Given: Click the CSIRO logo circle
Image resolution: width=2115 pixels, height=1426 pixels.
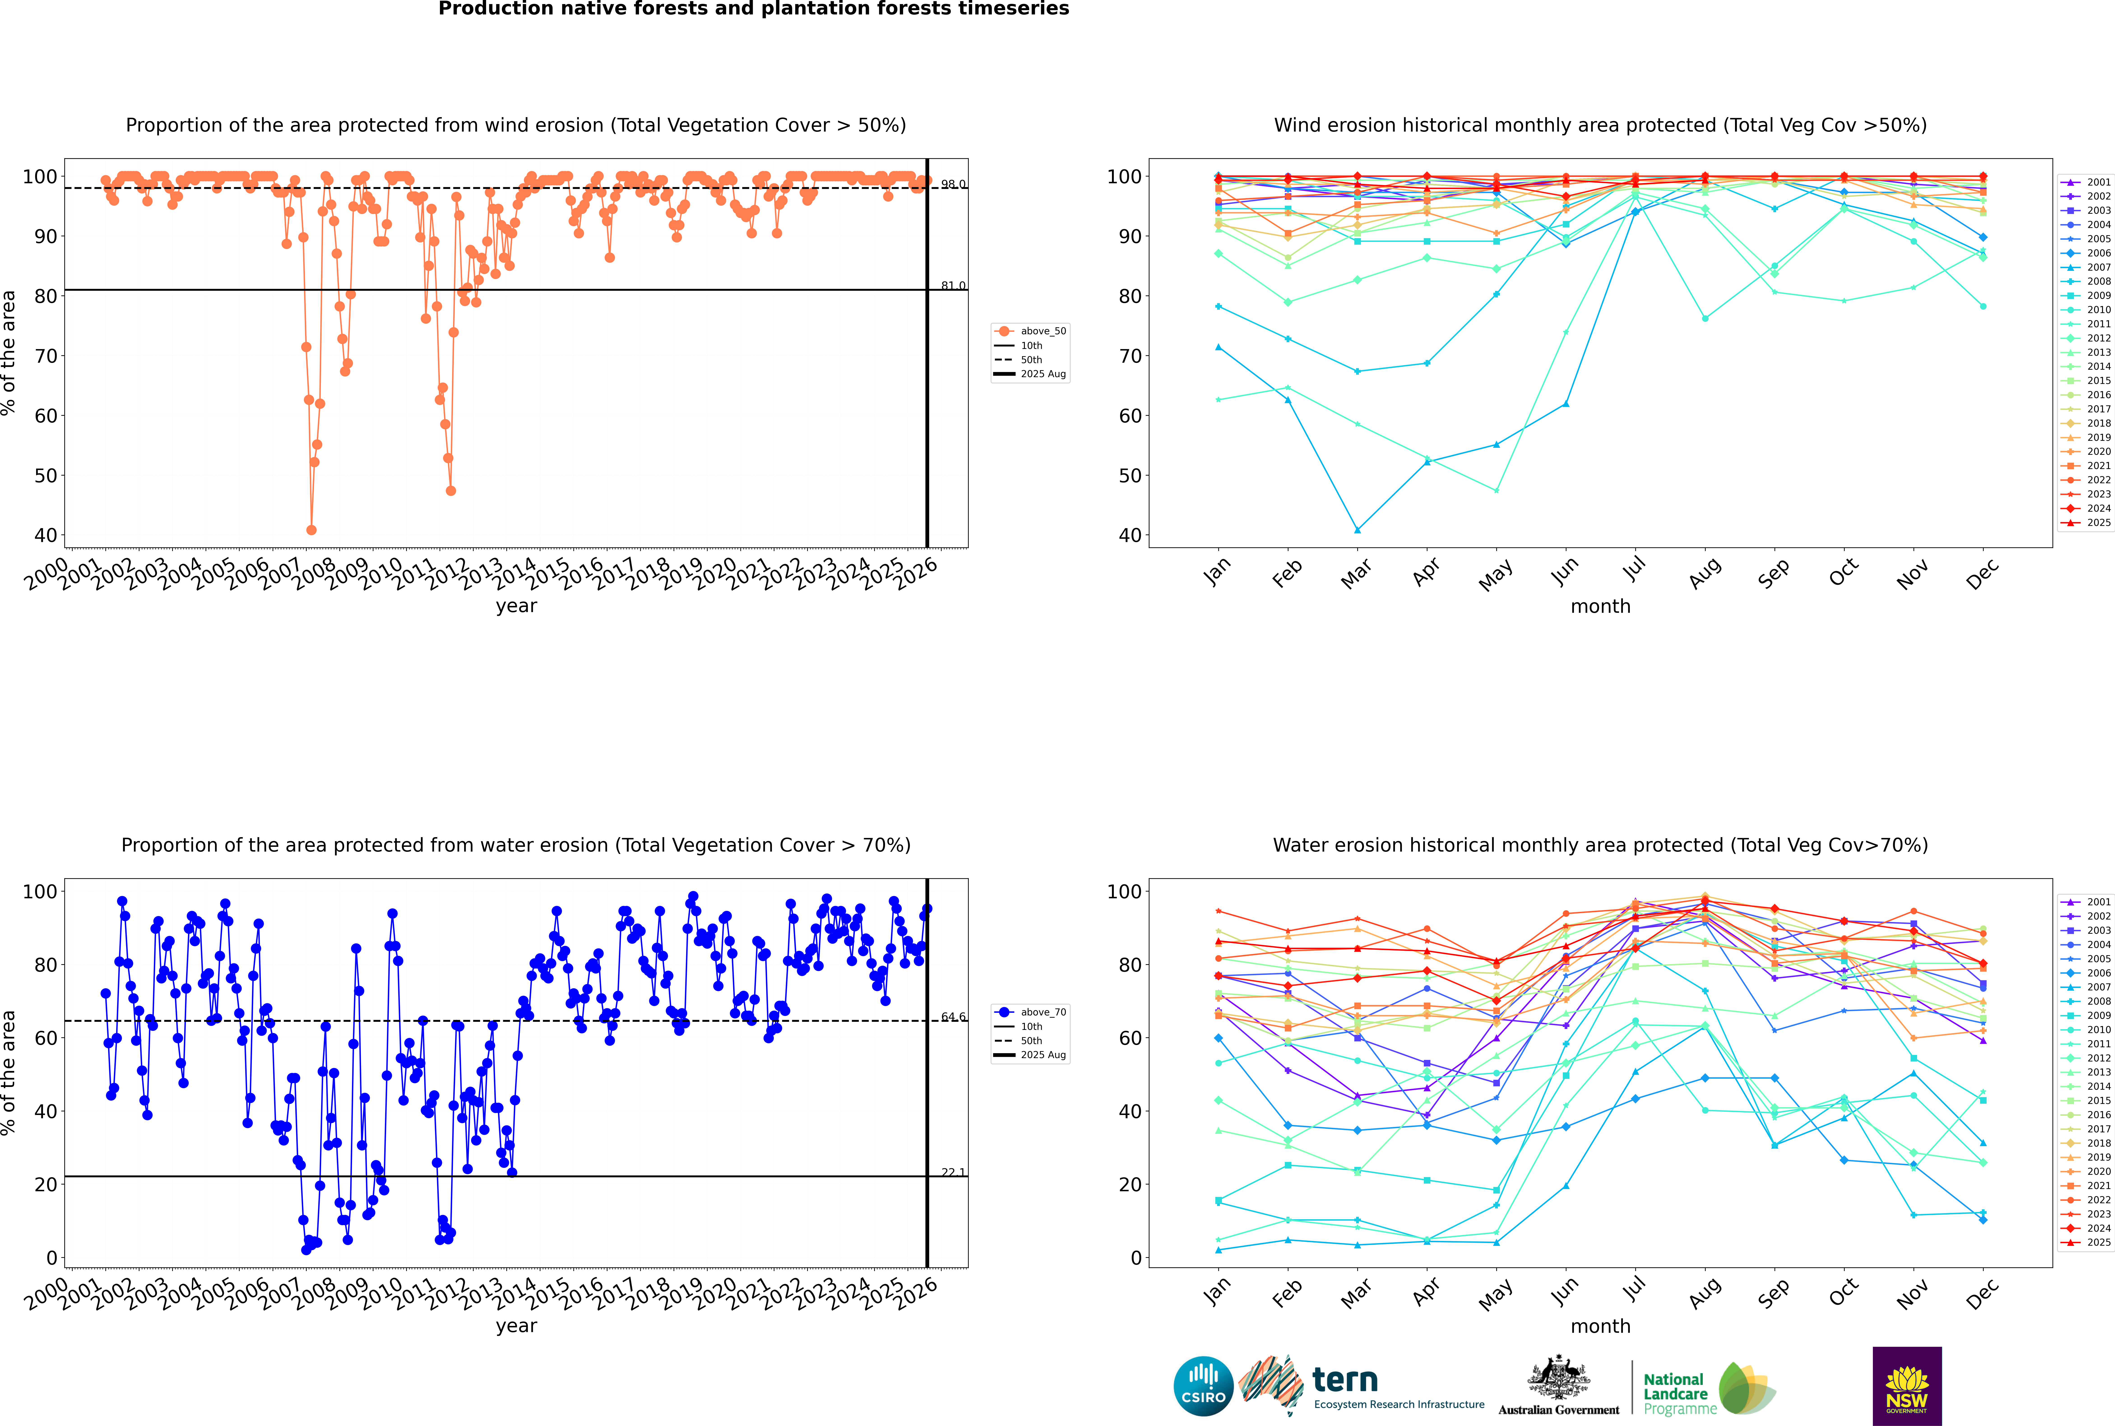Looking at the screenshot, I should point(1203,1386).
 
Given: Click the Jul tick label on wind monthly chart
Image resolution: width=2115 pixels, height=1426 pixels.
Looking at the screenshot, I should point(1634,570).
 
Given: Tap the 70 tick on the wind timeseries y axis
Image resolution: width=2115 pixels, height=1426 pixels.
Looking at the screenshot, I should point(45,355).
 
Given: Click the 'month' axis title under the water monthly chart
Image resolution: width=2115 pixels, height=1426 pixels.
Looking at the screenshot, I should point(1600,1326).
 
